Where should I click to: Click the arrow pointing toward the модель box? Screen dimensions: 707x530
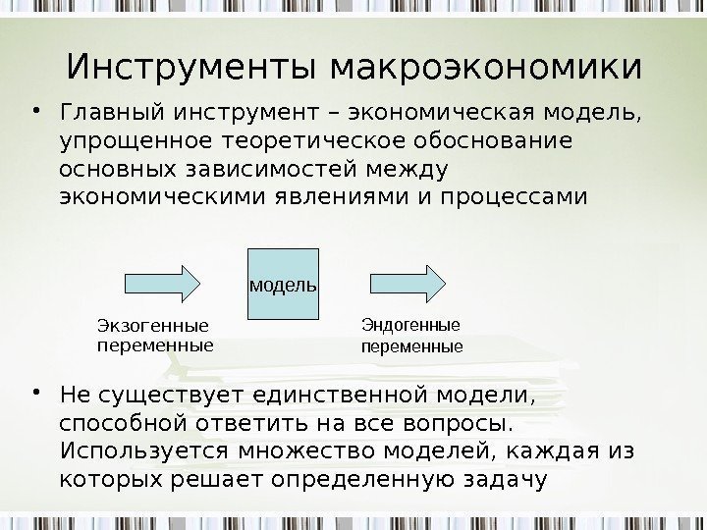pyautogui.click(x=163, y=283)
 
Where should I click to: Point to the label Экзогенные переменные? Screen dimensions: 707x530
pyautogui.click(x=155, y=336)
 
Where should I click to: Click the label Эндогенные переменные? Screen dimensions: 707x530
pyautogui.click(x=411, y=335)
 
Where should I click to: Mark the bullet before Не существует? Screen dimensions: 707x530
pyautogui.click(x=35, y=395)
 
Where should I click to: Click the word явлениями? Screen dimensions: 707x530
pyautogui.click(x=330, y=197)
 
